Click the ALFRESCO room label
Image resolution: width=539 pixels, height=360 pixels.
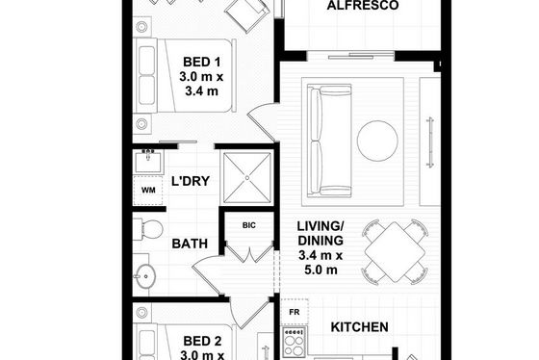click(x=362, y=5)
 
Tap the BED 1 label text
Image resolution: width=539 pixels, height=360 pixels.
click(x=201, y=62)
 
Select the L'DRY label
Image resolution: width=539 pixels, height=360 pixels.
click(x=191, y=181)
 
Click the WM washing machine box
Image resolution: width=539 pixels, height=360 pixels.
click(x=148, y=191)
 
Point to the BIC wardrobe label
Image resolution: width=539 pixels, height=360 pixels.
click(x=249, y=225)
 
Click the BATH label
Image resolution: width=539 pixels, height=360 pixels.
click(x=190, y=244)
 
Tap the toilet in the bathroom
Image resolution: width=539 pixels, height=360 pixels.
click(x=148, y=229)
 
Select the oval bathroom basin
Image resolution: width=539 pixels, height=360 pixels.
click(x=144, y=276)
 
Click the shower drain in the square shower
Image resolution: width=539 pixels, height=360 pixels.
click(x=247, y=178)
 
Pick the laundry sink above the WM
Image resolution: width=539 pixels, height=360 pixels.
click(x=148, y=161)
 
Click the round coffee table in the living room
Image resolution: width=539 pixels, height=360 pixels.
click(x=377, y=141)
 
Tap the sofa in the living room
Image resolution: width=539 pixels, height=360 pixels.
click(x=329, y=141)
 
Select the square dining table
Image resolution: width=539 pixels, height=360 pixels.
click(x=395, y=251)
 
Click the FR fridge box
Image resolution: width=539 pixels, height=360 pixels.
click(x=295, y=312)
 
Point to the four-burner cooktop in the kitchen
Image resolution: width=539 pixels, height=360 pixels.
click(x=294, y=342)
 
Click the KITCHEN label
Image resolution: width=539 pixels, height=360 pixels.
click(x=360, y=327)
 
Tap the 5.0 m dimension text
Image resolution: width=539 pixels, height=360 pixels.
click(x=321, y=270)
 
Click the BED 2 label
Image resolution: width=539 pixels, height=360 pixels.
click(x=202, y=341)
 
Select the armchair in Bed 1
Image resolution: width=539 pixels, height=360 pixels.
click(x=246, y=14)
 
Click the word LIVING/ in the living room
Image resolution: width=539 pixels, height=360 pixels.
click(x=321, y=226)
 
